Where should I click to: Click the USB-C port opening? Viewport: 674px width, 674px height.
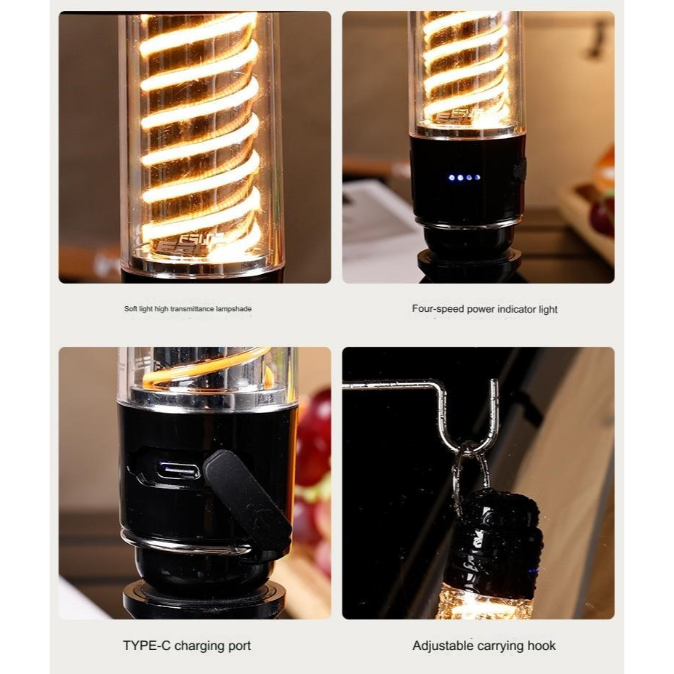coord(178,470)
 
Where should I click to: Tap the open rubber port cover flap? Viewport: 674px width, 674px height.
coord(247,499)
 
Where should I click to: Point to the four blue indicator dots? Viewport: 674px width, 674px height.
coord(464,177)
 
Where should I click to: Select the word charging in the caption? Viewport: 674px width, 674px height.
coord(200,646)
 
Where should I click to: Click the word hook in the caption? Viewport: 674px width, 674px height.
coord(542,646)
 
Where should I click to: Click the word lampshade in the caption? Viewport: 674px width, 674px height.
coord(234,308)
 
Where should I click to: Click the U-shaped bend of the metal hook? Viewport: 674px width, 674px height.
coord(470,443)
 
